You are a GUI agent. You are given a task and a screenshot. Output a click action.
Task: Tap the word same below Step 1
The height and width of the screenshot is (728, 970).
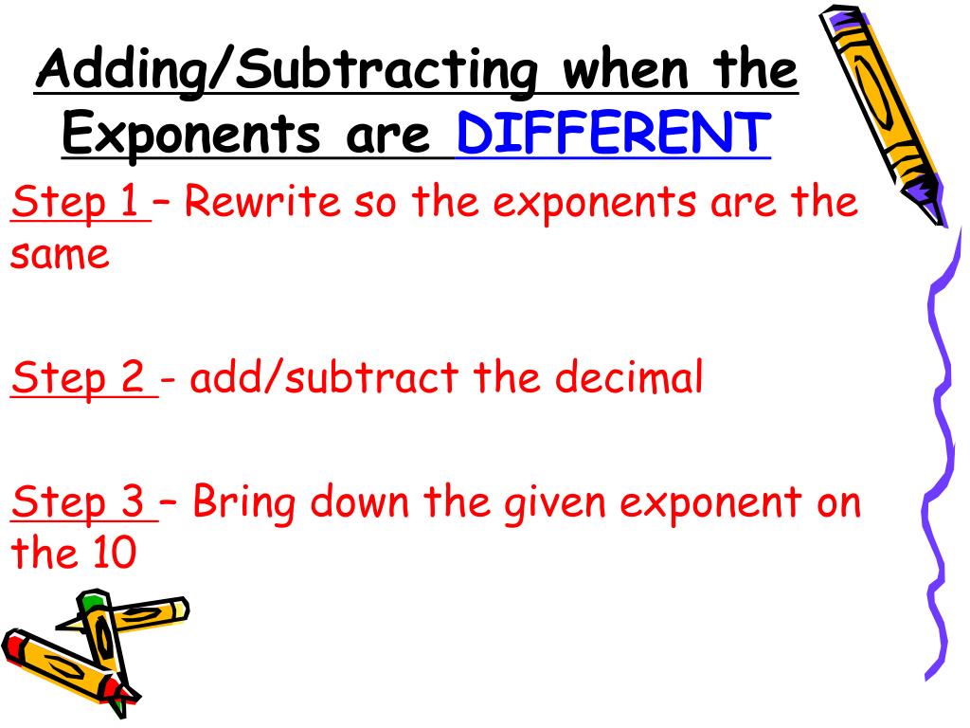60,255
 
